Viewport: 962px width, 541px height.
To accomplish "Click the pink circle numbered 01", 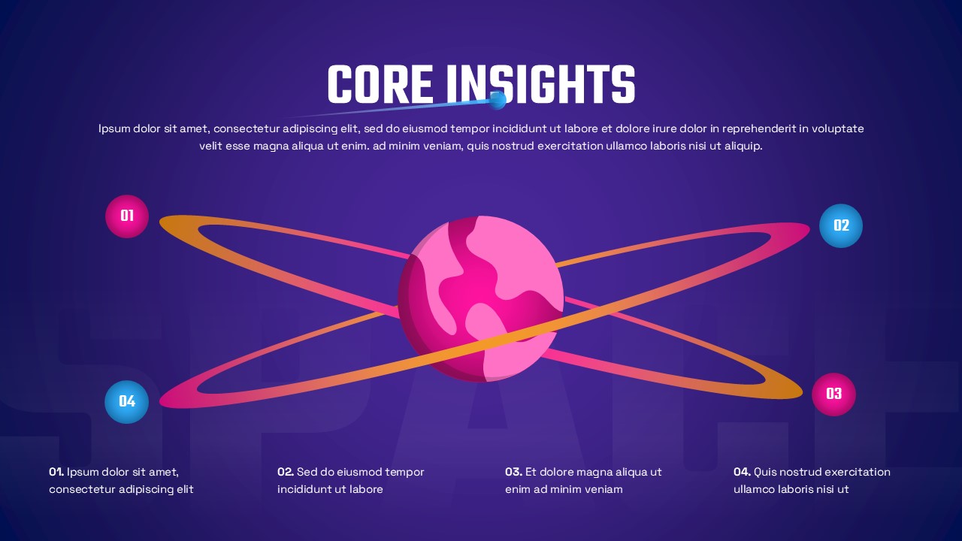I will [x=127, y=216].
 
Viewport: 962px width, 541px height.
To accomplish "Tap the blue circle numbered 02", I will [x=841, y=225].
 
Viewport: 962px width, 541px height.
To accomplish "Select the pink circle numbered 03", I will [x=833, y=394].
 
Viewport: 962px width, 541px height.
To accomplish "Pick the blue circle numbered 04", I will [x=127, y=401].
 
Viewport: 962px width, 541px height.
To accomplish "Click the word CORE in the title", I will [x=380, y=84].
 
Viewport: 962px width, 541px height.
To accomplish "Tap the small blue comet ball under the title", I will [x=498, y=100].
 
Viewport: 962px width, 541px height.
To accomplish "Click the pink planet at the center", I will [x=481, y=298].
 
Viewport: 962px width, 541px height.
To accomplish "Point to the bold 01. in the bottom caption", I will [x=56, y=472].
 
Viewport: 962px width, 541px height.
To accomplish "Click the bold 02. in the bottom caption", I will [x=286, y=472].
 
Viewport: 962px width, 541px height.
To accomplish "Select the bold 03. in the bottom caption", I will [x=513, y=472].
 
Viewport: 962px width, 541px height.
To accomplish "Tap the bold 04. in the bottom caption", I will [x=742, y=472].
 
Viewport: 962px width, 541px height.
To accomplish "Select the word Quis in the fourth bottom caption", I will [x=765, y=472].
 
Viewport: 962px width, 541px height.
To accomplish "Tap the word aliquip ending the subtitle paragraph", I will [x=743, y=146].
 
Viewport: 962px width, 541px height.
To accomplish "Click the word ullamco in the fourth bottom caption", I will [x=755, y=489].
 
